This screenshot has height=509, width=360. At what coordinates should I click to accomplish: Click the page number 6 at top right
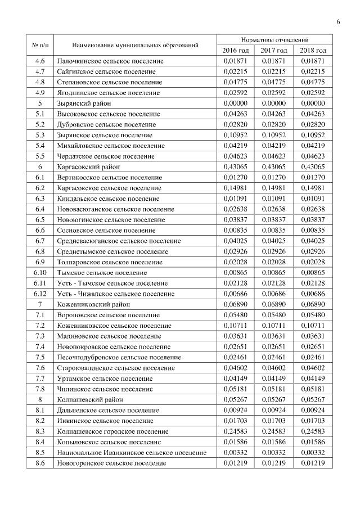338,22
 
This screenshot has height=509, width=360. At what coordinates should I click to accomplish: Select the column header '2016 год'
235,50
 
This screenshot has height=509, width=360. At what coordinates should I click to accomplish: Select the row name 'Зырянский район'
84,103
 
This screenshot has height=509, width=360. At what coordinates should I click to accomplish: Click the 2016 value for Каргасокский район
235,167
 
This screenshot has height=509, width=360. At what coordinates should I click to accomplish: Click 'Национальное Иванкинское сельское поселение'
131,452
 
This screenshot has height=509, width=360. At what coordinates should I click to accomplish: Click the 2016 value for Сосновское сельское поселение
235,231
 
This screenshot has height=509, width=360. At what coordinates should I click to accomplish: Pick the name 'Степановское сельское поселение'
107,82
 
